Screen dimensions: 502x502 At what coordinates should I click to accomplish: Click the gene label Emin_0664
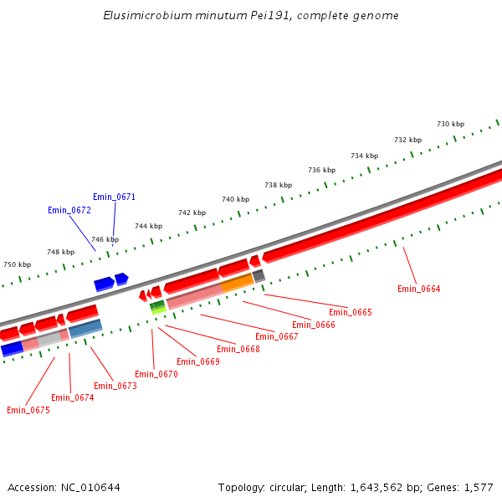[418, 289]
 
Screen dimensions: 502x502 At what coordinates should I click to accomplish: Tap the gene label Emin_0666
[313, 325]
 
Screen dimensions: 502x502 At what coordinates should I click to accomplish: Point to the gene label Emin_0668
[238, 350]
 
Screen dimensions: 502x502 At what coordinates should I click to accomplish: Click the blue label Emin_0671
[114, 197]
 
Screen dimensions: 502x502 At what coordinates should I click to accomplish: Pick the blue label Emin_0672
[69, 211]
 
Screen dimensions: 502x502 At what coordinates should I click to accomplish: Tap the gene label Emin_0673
[115, 387]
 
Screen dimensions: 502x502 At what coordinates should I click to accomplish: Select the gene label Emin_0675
[28, 411]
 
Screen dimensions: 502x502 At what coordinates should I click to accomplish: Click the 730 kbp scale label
[450, 125]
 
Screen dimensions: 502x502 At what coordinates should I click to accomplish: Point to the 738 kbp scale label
[279, 186]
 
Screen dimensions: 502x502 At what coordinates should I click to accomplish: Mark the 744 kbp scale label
[148, 227]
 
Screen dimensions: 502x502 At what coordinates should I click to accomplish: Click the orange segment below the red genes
[237, 284]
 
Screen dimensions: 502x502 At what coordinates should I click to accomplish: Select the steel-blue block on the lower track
[85, 329]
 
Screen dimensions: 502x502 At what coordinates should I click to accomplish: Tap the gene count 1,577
[478, 488]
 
